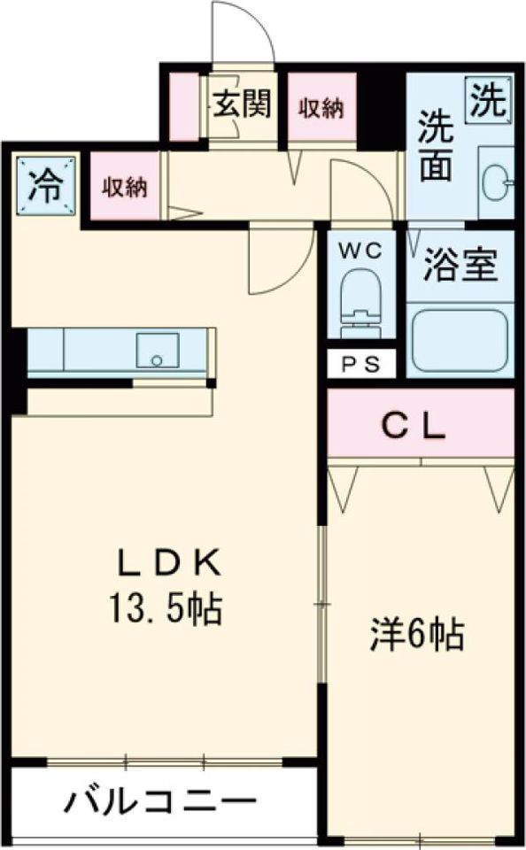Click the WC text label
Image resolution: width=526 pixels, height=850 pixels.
tap(360, 251)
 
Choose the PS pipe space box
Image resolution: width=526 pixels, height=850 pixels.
tap(361, 364)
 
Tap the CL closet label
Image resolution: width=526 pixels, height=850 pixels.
tap(414, 427)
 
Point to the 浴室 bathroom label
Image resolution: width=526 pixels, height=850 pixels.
tap(460, 265)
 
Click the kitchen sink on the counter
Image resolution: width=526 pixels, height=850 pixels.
tap(158, 351)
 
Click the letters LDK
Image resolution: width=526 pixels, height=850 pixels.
tap(169, 564)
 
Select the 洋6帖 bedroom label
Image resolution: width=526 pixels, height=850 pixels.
tap(417, 635)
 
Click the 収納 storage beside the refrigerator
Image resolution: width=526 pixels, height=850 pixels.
tap(125, 187)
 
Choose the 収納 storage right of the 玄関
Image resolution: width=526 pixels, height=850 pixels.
tap(322, 108)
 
